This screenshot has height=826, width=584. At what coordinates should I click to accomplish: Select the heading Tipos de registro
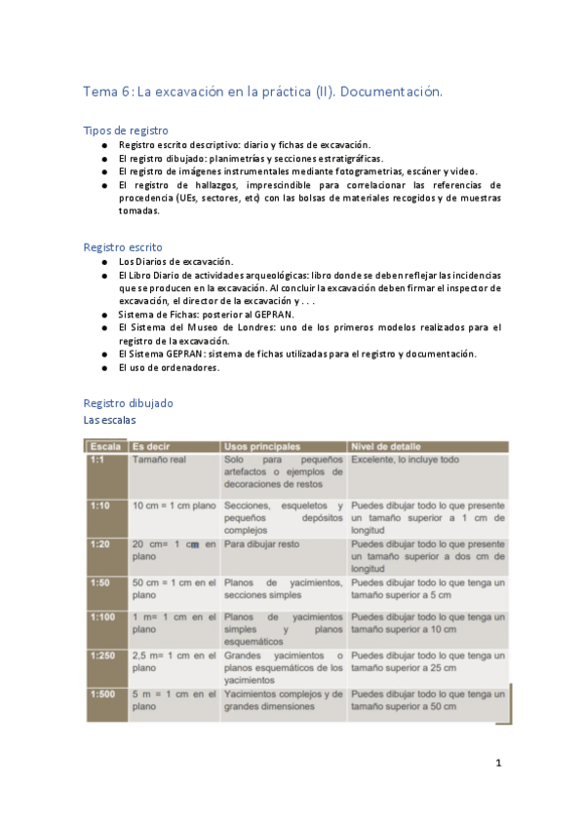pos(126,130)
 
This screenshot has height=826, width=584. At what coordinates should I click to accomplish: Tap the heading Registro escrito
pos(123,247)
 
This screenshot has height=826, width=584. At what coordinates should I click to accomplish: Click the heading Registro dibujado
pos(128,402)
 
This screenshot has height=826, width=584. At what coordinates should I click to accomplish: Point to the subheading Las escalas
pos(110,420)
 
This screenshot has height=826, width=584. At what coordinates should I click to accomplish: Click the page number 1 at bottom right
pos(497,763)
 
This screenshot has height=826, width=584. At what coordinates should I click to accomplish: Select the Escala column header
pos(102,446)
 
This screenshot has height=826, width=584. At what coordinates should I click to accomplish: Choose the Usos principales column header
pos(261,446)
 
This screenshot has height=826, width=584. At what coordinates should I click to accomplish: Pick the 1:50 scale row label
pos(100,582)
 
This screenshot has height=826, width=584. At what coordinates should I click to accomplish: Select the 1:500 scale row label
pos(102,694)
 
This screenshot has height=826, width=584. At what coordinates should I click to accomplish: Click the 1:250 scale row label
pos(102,656)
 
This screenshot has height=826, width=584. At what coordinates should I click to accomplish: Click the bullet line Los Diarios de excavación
pos(175,262)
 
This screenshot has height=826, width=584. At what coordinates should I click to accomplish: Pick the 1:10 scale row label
pos(100,507)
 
